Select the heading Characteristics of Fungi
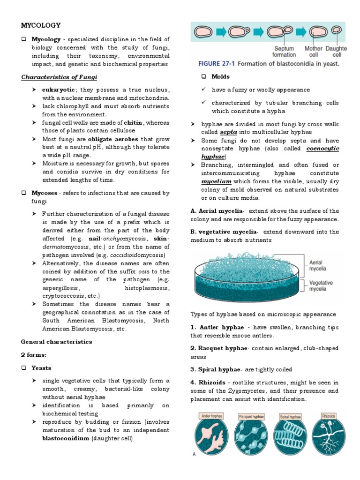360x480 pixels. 59,77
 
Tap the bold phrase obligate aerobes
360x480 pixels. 106,139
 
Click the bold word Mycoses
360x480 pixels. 44,193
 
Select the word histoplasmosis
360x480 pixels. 147,287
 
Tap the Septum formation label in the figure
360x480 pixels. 284,51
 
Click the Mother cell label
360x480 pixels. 314,51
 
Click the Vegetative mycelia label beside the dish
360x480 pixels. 321,286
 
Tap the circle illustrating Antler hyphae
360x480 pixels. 211,435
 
